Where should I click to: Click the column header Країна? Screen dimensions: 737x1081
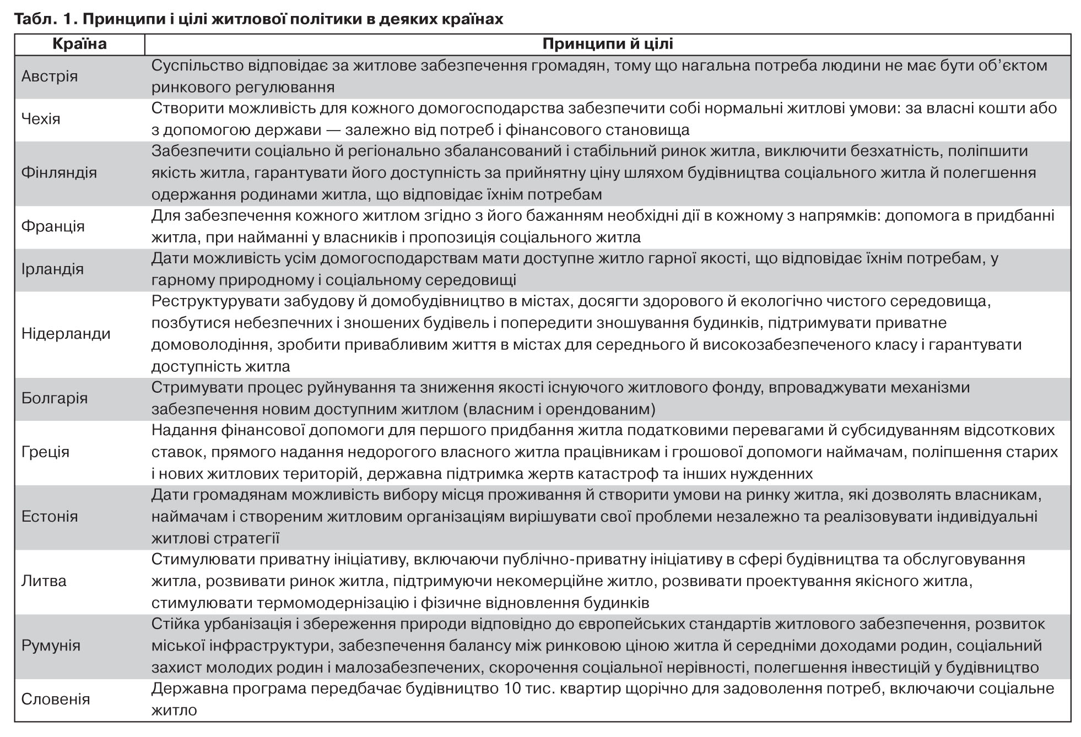[x=79, y=44]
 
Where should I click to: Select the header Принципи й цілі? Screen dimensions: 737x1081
[x=607, y=44]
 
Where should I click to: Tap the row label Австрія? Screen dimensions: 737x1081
[x=50, y=76]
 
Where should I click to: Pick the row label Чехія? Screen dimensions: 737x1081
[x=41, y=119]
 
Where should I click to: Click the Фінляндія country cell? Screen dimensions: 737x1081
[x=59, y=173]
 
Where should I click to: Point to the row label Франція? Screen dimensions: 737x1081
[x=53, y=226]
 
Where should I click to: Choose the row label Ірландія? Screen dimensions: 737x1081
[x=52, y=269]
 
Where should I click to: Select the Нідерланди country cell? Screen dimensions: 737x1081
[x=66, y=334]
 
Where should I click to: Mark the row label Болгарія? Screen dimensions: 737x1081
[x=55, y=398]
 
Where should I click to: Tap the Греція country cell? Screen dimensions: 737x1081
[x=45, y=452]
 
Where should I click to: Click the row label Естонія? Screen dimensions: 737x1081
[x=50, y=517]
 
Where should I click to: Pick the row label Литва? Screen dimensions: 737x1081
[x=44, y=581]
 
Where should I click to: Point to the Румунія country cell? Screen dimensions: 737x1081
[x=51, y=646]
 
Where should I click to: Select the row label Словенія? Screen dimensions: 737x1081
[x=55, y=700]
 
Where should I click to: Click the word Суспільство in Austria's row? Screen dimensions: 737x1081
[x=196, y=66]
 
